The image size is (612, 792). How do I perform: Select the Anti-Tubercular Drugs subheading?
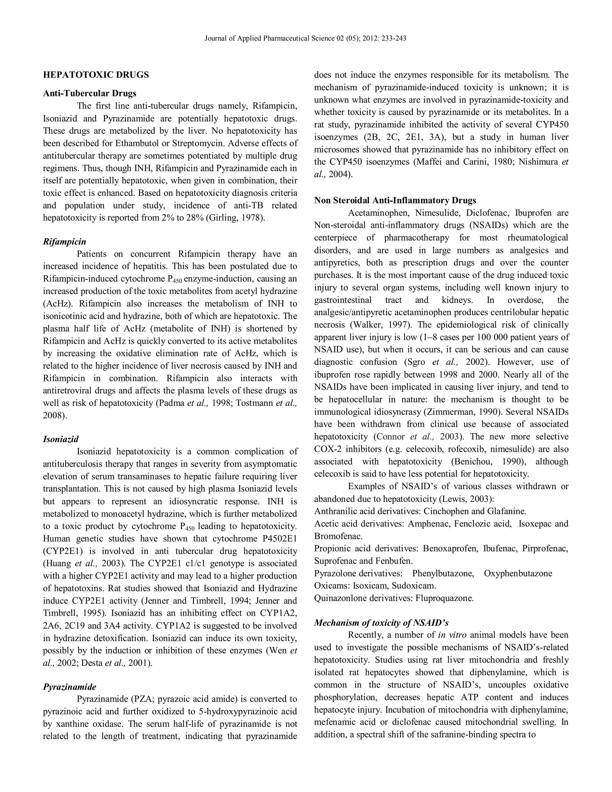pyautogui.click(x=90, y=94)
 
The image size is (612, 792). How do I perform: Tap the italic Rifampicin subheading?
pyautogui.click(x=65, y=241)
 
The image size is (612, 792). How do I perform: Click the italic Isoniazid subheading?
pyautogui.click(x=61, y=439)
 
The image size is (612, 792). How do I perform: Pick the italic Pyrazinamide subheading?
pyautogui.click(x=70, y=687)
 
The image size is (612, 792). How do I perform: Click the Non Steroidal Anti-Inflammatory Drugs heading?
pyautogui.click(x=395, y=201)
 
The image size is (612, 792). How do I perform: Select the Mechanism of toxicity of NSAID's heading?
pyautogui.click(x=381, y=623)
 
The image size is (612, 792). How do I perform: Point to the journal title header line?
pyautogui.click(x=305, y=38)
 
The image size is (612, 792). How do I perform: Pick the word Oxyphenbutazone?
pyautogui.click(x=518, y=573)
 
